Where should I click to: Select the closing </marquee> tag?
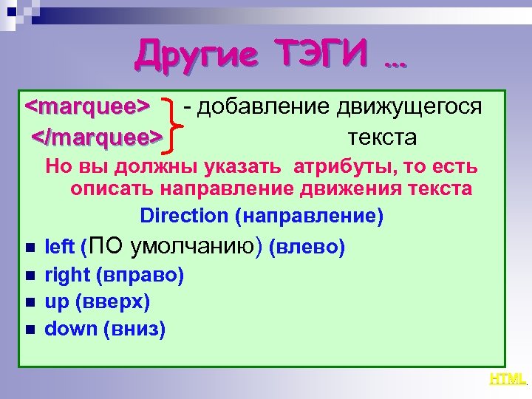95,137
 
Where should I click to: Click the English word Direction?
184,216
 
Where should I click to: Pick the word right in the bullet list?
67,276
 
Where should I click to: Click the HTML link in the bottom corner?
508,379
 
